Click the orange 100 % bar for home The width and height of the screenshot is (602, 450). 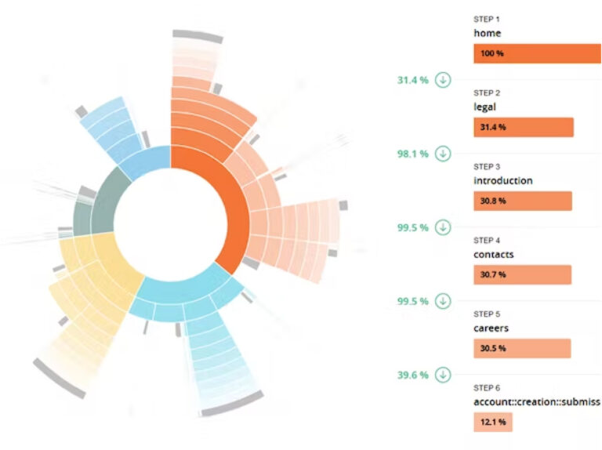pyautogui.click(x=537, y=53)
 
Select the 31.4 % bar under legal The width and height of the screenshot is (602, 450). pyautogui.click(x=524, y=127)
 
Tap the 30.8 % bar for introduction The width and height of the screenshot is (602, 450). pyautogui.click(x=523, y=201)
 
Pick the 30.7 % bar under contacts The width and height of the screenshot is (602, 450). pyautogui.click(x=522, y=274)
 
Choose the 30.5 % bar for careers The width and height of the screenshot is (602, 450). pyautogui.click(x=522, y=348)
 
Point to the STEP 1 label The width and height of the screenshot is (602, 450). pyautogui.click(x=487, y=19)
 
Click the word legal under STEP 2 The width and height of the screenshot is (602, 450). pyautogui.click(x=485, y=107)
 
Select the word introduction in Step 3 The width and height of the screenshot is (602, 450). pyautogui.click(x=503, y=180)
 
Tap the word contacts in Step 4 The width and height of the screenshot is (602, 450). pyautogui.click(x=493, y=254)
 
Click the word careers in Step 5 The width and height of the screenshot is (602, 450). pyautogui.click(x=491, y=328)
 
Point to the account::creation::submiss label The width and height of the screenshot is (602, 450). pyautogui.click(x=536, y=401)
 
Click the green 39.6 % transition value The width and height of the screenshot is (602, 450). pyautogui.click(x=412, y=375)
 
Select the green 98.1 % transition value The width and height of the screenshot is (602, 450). pyautogui.click(x=412, y=154)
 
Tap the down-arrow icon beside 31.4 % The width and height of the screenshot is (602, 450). pyautogui.click(x=443, y=80)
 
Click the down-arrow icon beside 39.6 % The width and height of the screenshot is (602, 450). pyautogui.click(x=443, y=375)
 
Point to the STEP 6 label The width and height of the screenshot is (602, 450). pyautogui.click(x=487, y=388)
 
